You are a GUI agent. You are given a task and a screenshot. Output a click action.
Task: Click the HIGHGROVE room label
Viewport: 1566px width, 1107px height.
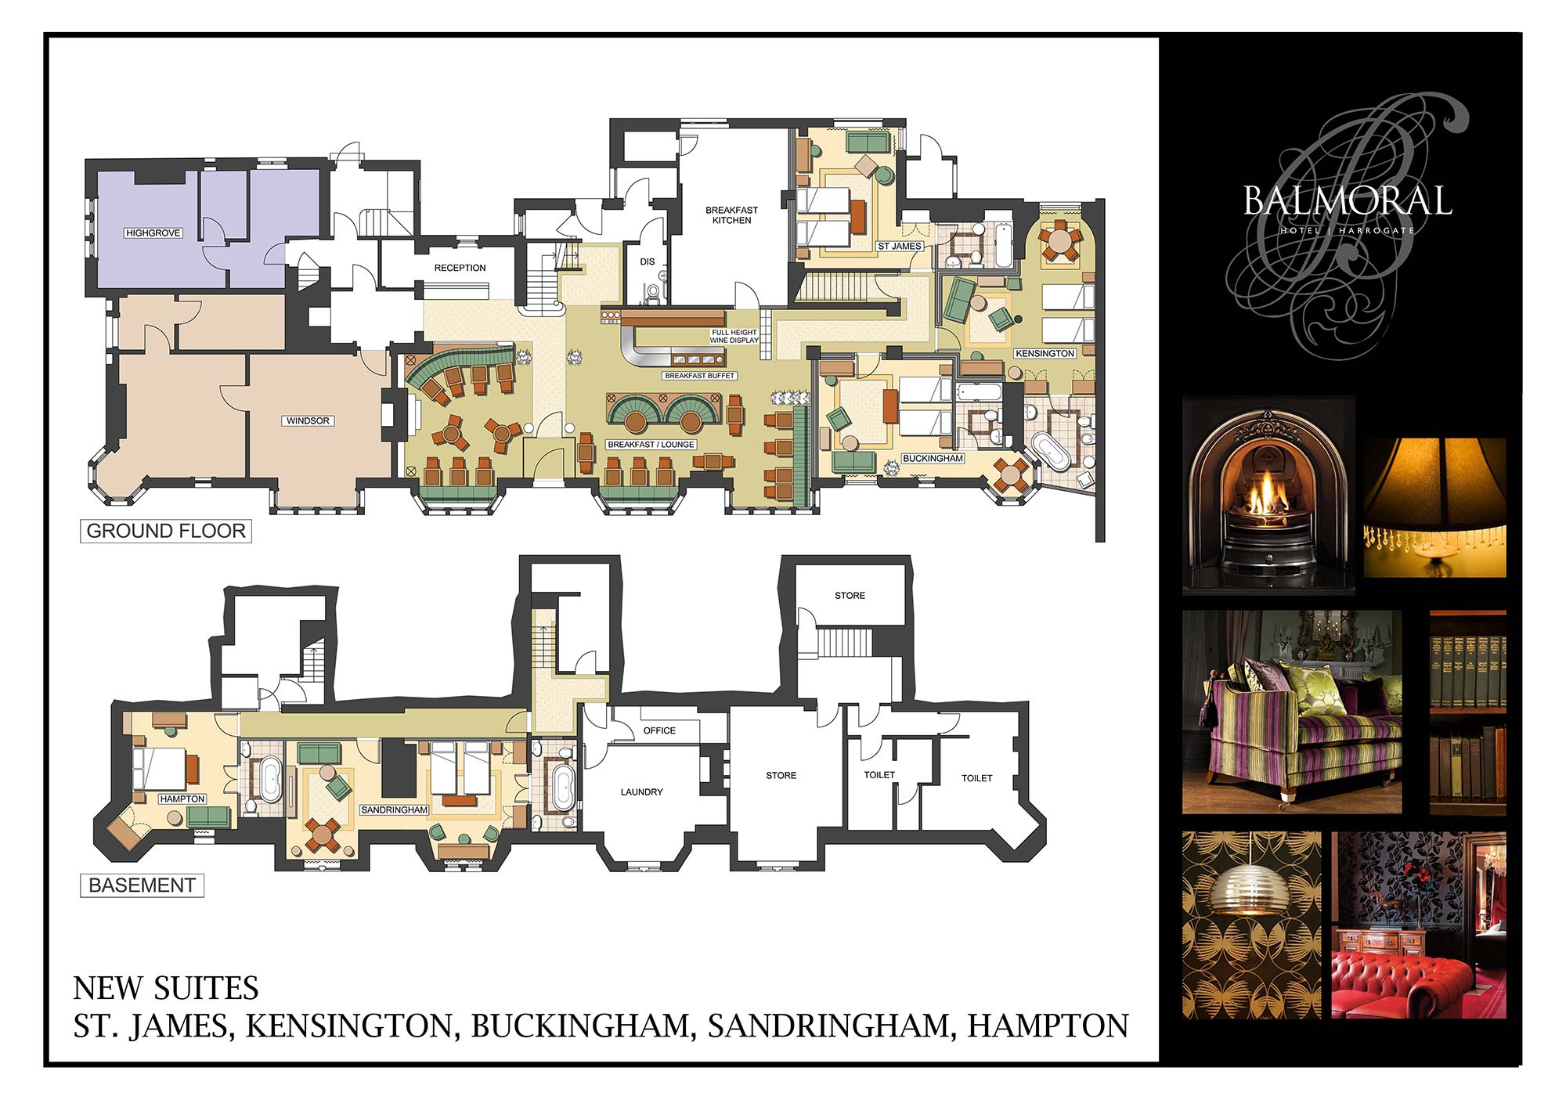(153, 233)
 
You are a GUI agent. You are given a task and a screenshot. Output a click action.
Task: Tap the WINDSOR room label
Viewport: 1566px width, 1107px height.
(308, 420)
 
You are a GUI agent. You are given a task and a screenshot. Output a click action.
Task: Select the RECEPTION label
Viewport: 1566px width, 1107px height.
(460, 268)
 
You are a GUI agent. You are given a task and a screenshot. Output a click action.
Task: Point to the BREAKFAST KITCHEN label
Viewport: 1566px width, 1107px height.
(732, 215)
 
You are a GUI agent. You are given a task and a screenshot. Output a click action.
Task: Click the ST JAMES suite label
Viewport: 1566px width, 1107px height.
(900, 246)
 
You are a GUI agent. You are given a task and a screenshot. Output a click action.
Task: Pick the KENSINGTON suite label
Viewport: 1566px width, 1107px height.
(1045, 353)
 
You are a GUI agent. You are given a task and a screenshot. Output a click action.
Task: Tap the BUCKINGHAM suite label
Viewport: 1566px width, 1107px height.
(933, 458)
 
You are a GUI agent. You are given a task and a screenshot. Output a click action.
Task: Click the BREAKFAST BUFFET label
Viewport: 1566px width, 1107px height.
(700, 376)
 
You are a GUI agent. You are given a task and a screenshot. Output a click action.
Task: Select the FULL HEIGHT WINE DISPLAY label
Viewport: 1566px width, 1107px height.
(734, 337)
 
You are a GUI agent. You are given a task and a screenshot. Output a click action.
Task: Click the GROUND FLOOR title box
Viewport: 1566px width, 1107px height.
(166, 531)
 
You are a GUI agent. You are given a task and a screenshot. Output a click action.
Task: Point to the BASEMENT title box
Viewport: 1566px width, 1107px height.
(142, 885)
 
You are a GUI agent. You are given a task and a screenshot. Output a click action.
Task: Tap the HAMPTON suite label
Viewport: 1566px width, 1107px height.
(182, 799)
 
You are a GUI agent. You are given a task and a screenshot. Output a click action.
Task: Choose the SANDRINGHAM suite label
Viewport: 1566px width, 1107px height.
(395, 810)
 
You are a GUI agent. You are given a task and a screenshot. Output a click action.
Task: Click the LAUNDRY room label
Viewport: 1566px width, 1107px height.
(642, 792)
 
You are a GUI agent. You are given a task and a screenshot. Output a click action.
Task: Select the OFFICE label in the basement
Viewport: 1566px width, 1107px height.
(659, 730)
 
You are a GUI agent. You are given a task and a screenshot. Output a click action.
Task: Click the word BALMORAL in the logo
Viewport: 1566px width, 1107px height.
(1348, 200)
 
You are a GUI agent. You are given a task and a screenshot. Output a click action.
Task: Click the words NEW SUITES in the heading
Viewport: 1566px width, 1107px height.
(166, 988)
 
